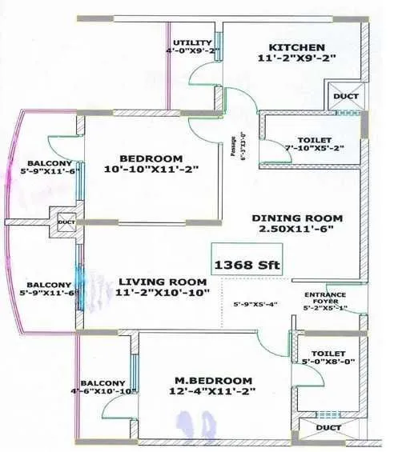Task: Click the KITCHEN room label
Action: (296, 47)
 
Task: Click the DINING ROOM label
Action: (297, 218)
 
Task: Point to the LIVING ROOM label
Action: (163, 282)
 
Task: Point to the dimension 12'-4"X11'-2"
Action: (212, 391)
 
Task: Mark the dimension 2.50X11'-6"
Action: (297, 230)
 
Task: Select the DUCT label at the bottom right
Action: (328, 428)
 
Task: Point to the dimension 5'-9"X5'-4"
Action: (255, 304)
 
